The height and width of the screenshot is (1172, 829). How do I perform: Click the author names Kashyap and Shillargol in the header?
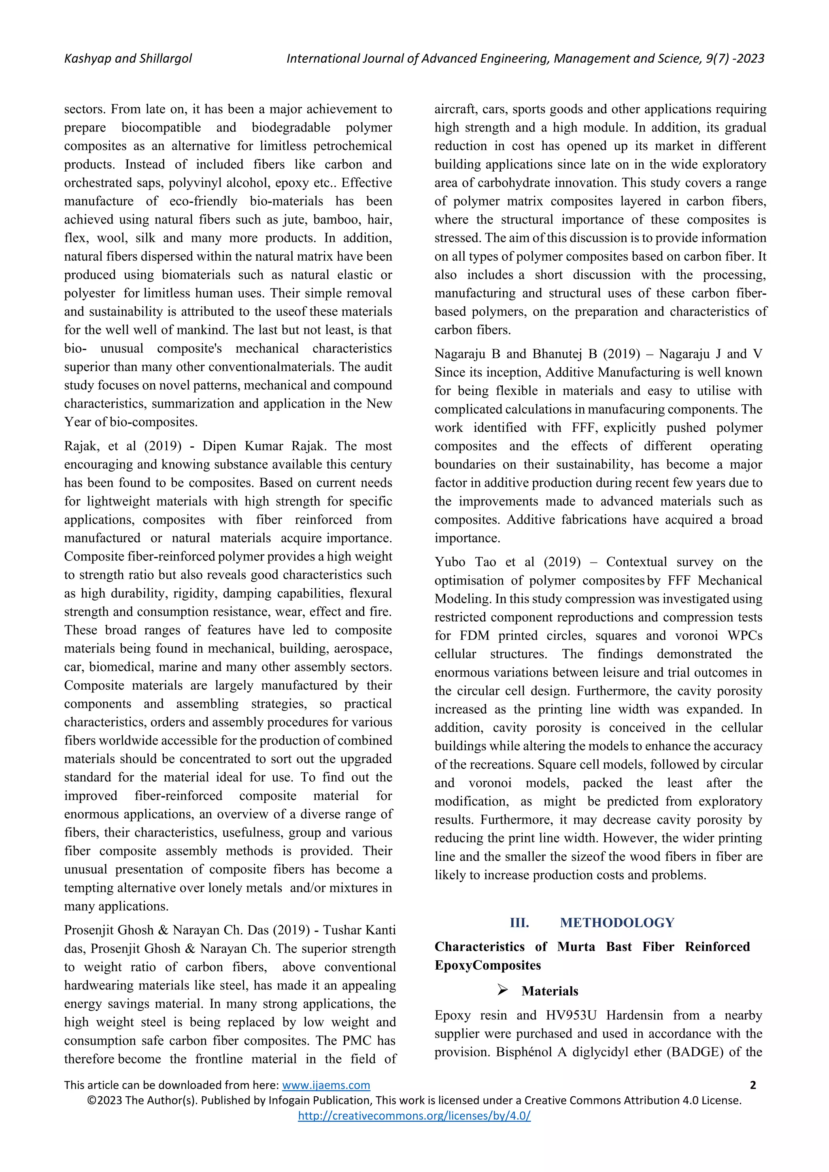pos(128,59)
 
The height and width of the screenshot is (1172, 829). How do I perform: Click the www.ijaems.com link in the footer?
pos(326,1085)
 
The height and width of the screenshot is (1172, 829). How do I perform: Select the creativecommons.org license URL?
pos(414,1116)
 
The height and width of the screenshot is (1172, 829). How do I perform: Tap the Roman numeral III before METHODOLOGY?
pos(519,922)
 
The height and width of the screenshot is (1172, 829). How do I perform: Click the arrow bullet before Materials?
pos(502,990)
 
